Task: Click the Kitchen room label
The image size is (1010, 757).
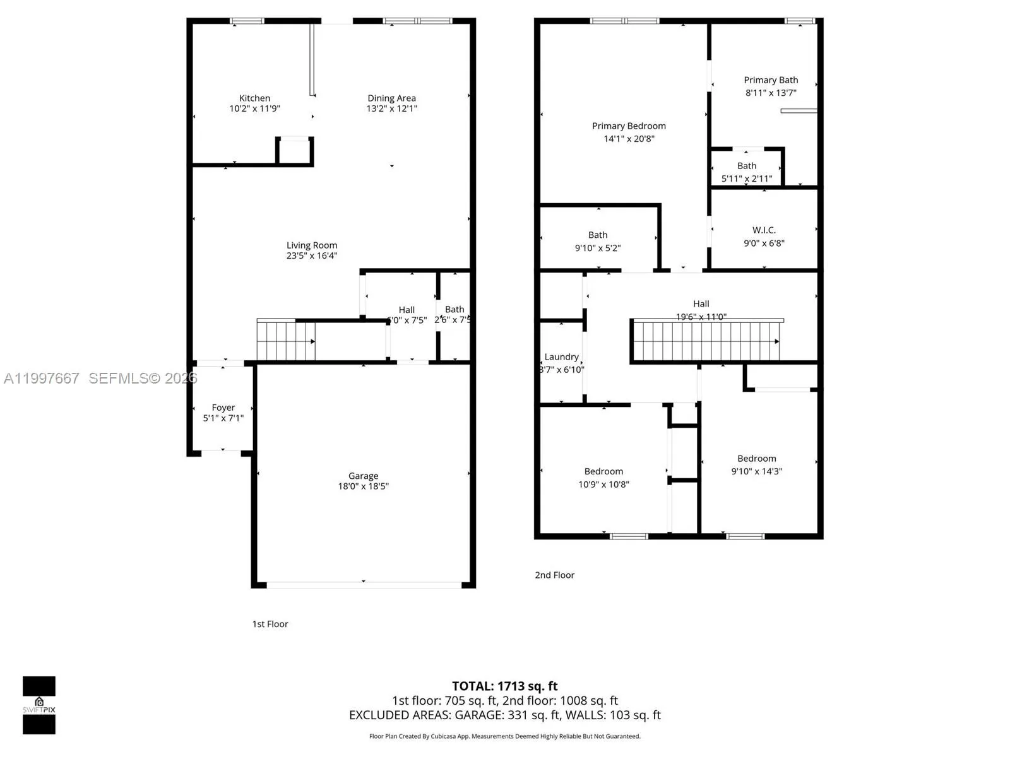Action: tap(254, 98)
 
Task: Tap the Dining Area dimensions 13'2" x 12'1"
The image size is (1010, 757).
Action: tap(391, 109)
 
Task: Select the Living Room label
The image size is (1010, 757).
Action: tap(312, 245)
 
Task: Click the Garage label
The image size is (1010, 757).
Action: tap(363, 476)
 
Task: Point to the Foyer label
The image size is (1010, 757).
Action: tap(223, 408)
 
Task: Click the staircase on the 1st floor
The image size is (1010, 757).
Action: tap(285, 341)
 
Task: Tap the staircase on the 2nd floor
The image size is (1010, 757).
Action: tap(706, 341)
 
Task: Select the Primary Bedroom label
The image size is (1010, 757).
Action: tap(629, 126)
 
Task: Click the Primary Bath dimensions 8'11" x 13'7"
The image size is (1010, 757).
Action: tap(771, 93)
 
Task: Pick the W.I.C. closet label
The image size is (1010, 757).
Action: tap(764, 230)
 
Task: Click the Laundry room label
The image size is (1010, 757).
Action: tap(561, 357)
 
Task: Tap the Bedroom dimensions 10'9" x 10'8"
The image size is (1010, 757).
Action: tap(603, 484)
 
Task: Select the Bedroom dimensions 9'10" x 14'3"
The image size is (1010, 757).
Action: tap(756, 471)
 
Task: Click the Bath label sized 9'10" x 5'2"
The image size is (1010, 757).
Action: tap(598, 235)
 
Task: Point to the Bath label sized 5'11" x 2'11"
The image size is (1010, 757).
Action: tap(747, 166)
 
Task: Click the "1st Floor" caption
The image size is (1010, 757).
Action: tap(270, 624)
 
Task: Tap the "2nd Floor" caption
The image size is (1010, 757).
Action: tap(554, 575)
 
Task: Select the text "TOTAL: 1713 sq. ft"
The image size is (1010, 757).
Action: tap(504, 686)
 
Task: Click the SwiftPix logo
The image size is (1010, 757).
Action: tap(39, 705)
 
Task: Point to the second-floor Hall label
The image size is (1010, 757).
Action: tap(701, 304)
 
